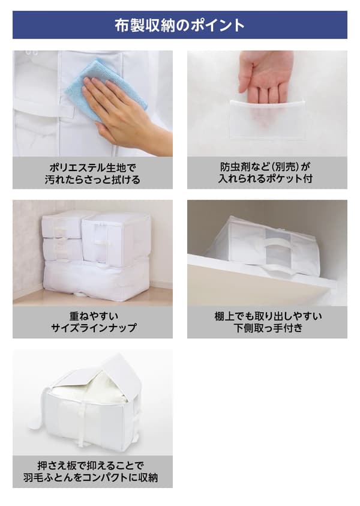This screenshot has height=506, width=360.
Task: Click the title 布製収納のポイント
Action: coord(179,25)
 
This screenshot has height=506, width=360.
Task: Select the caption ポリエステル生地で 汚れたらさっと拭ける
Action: coord(92,173)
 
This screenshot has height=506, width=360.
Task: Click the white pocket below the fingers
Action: coord(267,120)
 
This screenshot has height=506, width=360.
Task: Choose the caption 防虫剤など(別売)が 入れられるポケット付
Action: coord(267,173)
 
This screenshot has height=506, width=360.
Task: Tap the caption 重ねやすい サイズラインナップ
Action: coord(92,322)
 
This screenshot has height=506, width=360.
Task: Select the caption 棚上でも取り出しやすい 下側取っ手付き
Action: coord(267,322)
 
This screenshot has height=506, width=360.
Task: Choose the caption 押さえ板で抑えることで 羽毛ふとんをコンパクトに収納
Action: coord(92,471)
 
